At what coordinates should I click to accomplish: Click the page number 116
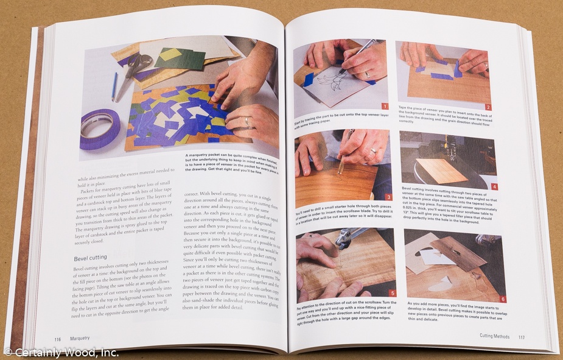tap(57, 339)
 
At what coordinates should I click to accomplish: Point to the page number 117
tap(521, 336)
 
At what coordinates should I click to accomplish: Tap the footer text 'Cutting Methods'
tap(494, 336)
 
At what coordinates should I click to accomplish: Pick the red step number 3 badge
tap(388, 197)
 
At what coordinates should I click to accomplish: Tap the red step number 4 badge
tap(494, 186)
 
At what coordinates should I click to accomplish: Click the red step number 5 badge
tap(393, 293)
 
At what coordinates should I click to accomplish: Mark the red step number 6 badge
tap(502, 298)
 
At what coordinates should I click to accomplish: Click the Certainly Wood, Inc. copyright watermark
tap(61, 352)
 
